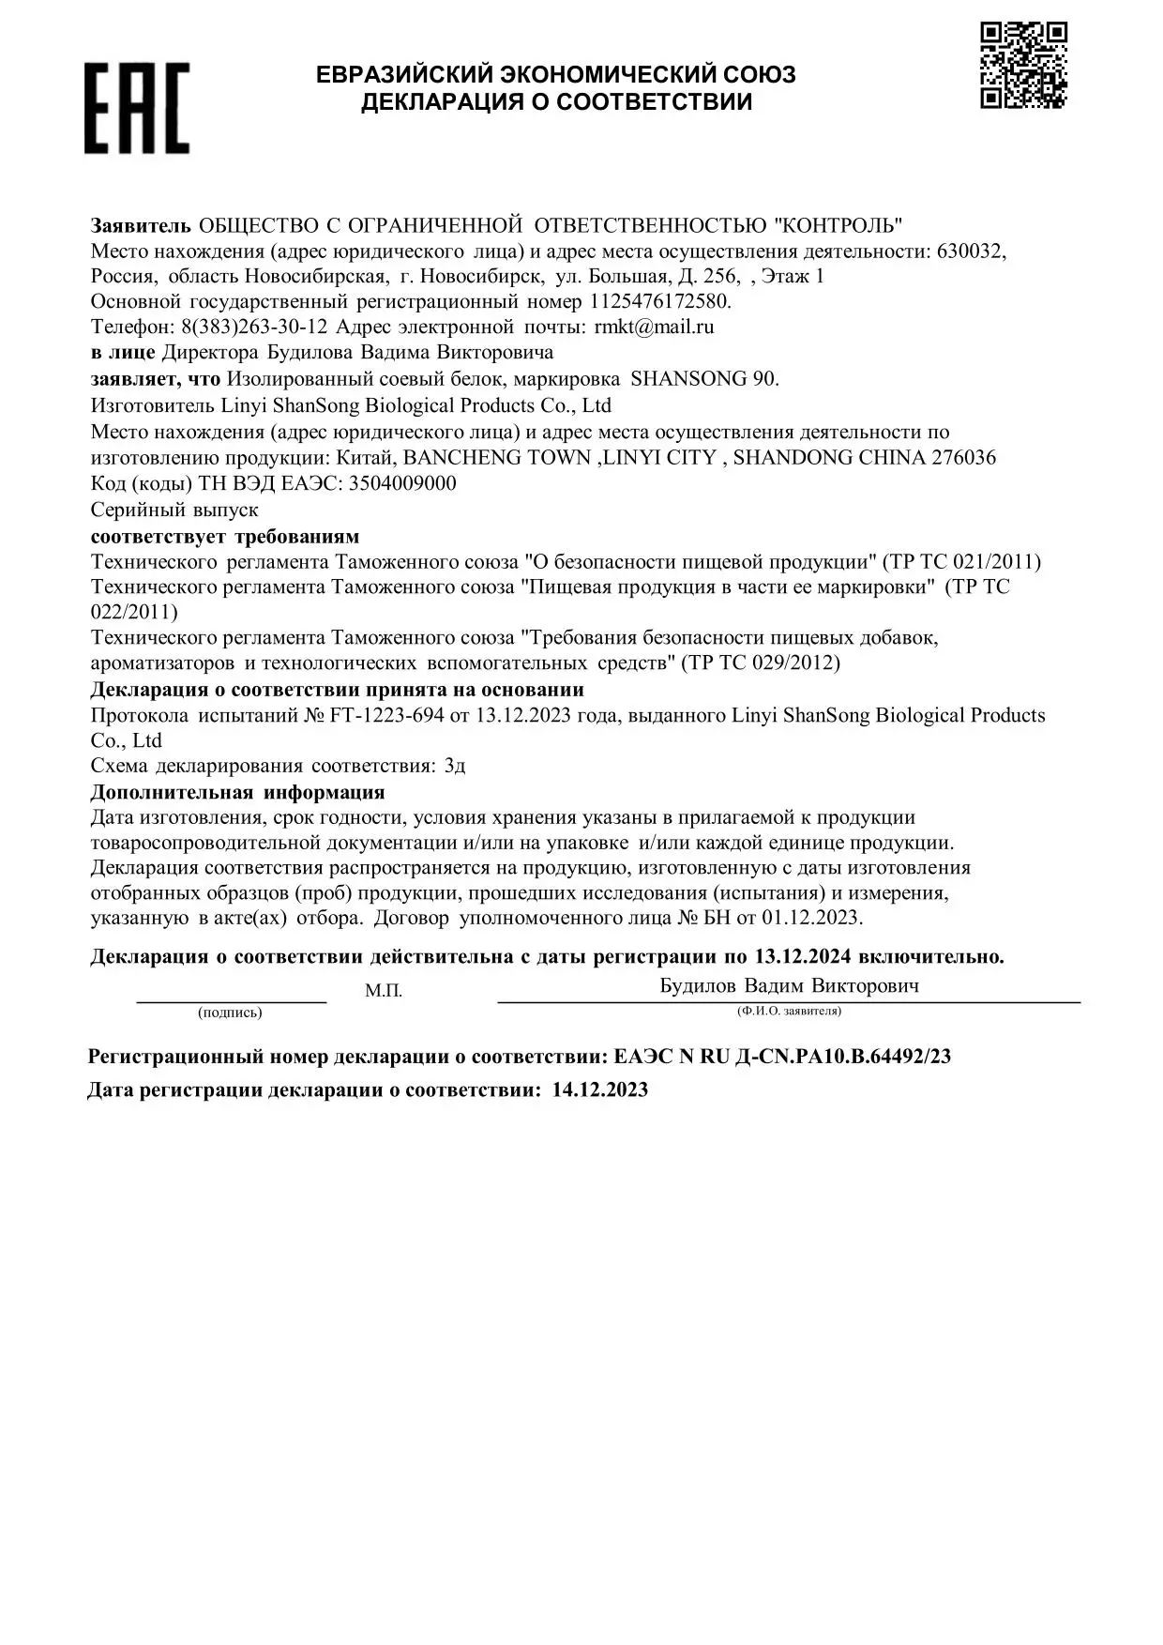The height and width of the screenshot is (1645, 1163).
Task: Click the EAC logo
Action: [137, 108]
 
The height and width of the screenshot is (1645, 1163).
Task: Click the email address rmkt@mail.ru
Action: [654, 327]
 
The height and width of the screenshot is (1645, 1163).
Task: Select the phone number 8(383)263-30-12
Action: [253, 327]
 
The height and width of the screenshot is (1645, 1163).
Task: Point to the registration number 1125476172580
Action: [659, 301]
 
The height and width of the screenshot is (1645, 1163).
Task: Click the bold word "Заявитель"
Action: [141, 225]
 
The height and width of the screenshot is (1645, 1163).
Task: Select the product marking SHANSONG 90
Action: [703, 378]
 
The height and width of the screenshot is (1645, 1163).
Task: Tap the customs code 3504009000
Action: [402, 483]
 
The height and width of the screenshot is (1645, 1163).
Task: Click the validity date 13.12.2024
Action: [802, 956]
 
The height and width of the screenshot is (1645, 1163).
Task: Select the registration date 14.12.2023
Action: [600, 1089]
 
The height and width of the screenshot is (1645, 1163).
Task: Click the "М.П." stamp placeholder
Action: [384, 991]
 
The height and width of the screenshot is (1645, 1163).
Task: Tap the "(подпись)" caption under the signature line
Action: [230, 1013]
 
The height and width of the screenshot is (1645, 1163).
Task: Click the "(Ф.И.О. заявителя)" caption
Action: [789, 1011]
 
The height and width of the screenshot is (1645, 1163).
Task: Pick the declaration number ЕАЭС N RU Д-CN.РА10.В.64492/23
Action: [782, 1057]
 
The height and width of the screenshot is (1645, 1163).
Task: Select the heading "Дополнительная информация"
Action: [237, 792]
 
